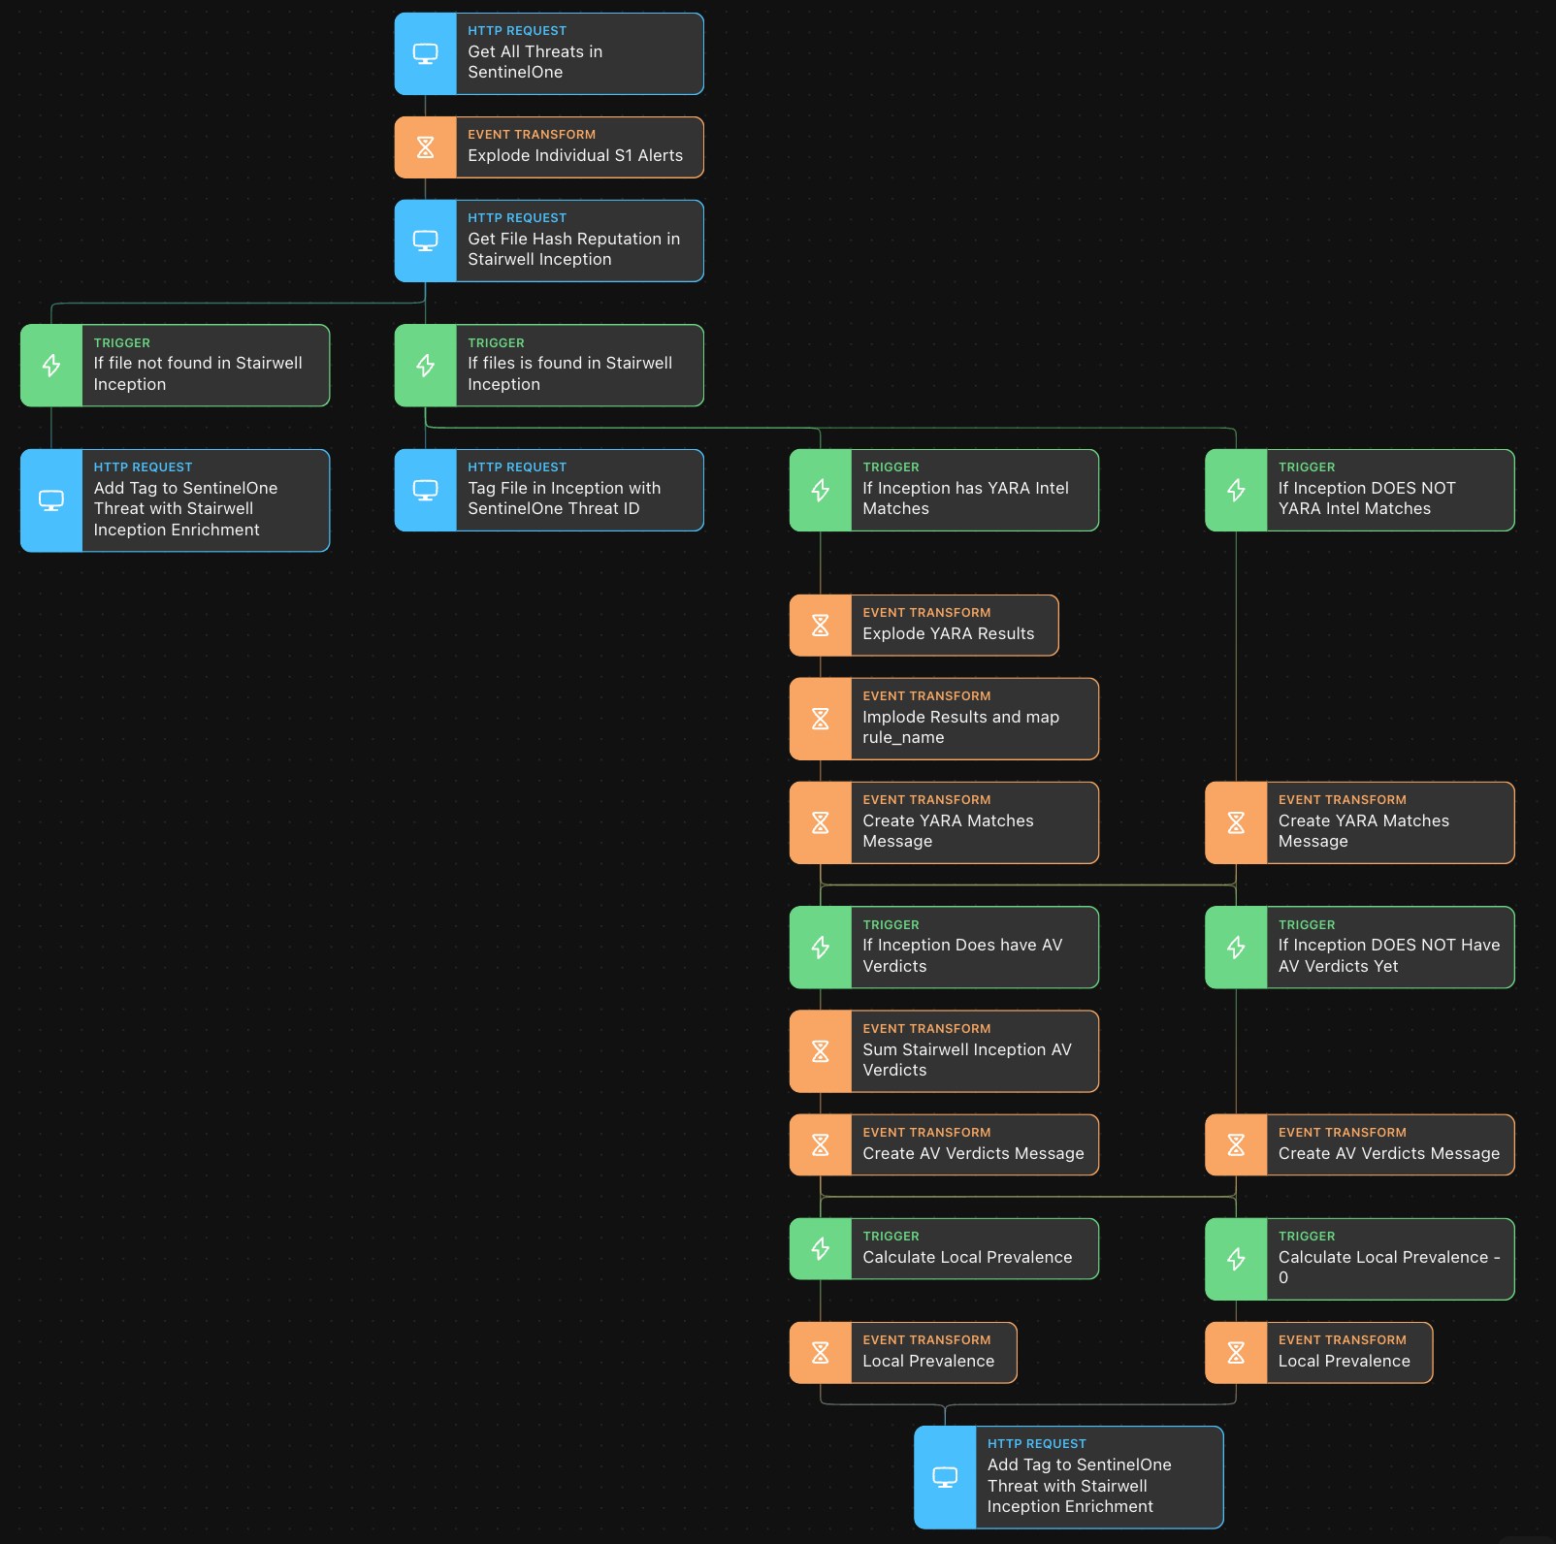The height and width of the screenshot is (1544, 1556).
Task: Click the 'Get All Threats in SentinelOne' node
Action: pyautogui.click(x=549, y=53)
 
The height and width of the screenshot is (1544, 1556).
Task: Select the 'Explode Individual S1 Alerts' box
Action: pyautogui.click(x=549, y=147)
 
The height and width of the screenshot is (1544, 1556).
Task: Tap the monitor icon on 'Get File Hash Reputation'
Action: pyautogui.click(x=425, y=241)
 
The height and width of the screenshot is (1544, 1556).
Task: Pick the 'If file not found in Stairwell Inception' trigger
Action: pyautogui.click(x=176, y=366)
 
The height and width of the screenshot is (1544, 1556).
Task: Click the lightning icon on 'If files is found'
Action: pyautogui.click(x=425, y=366)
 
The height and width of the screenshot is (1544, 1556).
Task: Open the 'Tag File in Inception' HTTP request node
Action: pyautogui.click(x=549, y=490)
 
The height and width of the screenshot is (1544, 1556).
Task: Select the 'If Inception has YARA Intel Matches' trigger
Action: pyautogui.click(x=944, y=490)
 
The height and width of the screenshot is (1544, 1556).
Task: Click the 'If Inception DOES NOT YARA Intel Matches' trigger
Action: pyautogui.click(x=1360, y=490)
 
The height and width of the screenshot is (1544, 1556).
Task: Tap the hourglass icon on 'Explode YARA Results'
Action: pyautogui.click(x=820, y=626)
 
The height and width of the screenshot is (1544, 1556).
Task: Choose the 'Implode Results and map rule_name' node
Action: pyautogui.click(x=944, y=719)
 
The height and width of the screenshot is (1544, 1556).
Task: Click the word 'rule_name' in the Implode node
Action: pyautogui.click(x=903, y=737)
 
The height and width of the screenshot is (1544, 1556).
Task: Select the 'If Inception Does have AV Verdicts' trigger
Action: pyautogui.click(x=944, y=948)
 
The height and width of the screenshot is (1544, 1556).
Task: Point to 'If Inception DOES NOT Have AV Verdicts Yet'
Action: pyautogui.click(x=1360, y=948)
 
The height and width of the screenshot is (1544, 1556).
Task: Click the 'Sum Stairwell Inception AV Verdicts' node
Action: pyautogui.click(x=944, y=1051)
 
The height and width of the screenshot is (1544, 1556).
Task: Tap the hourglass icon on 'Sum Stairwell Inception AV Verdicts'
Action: pyautogui.click(x=820, y=1051)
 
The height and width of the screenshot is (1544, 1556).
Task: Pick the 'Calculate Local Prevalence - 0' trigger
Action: pyautogui.click(x=1360, y=1259)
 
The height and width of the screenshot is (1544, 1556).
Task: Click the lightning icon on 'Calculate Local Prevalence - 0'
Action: pyautogui.click(x=1236, y=1259)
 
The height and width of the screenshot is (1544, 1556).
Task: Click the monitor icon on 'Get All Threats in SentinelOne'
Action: pyautogui.click(x=425, y=53)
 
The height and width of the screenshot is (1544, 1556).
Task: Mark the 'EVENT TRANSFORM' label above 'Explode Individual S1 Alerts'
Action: pyautogui.click(x=532, y=135)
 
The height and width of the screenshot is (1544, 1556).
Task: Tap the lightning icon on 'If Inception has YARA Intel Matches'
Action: pyautogui.click(x=820, y=490)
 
